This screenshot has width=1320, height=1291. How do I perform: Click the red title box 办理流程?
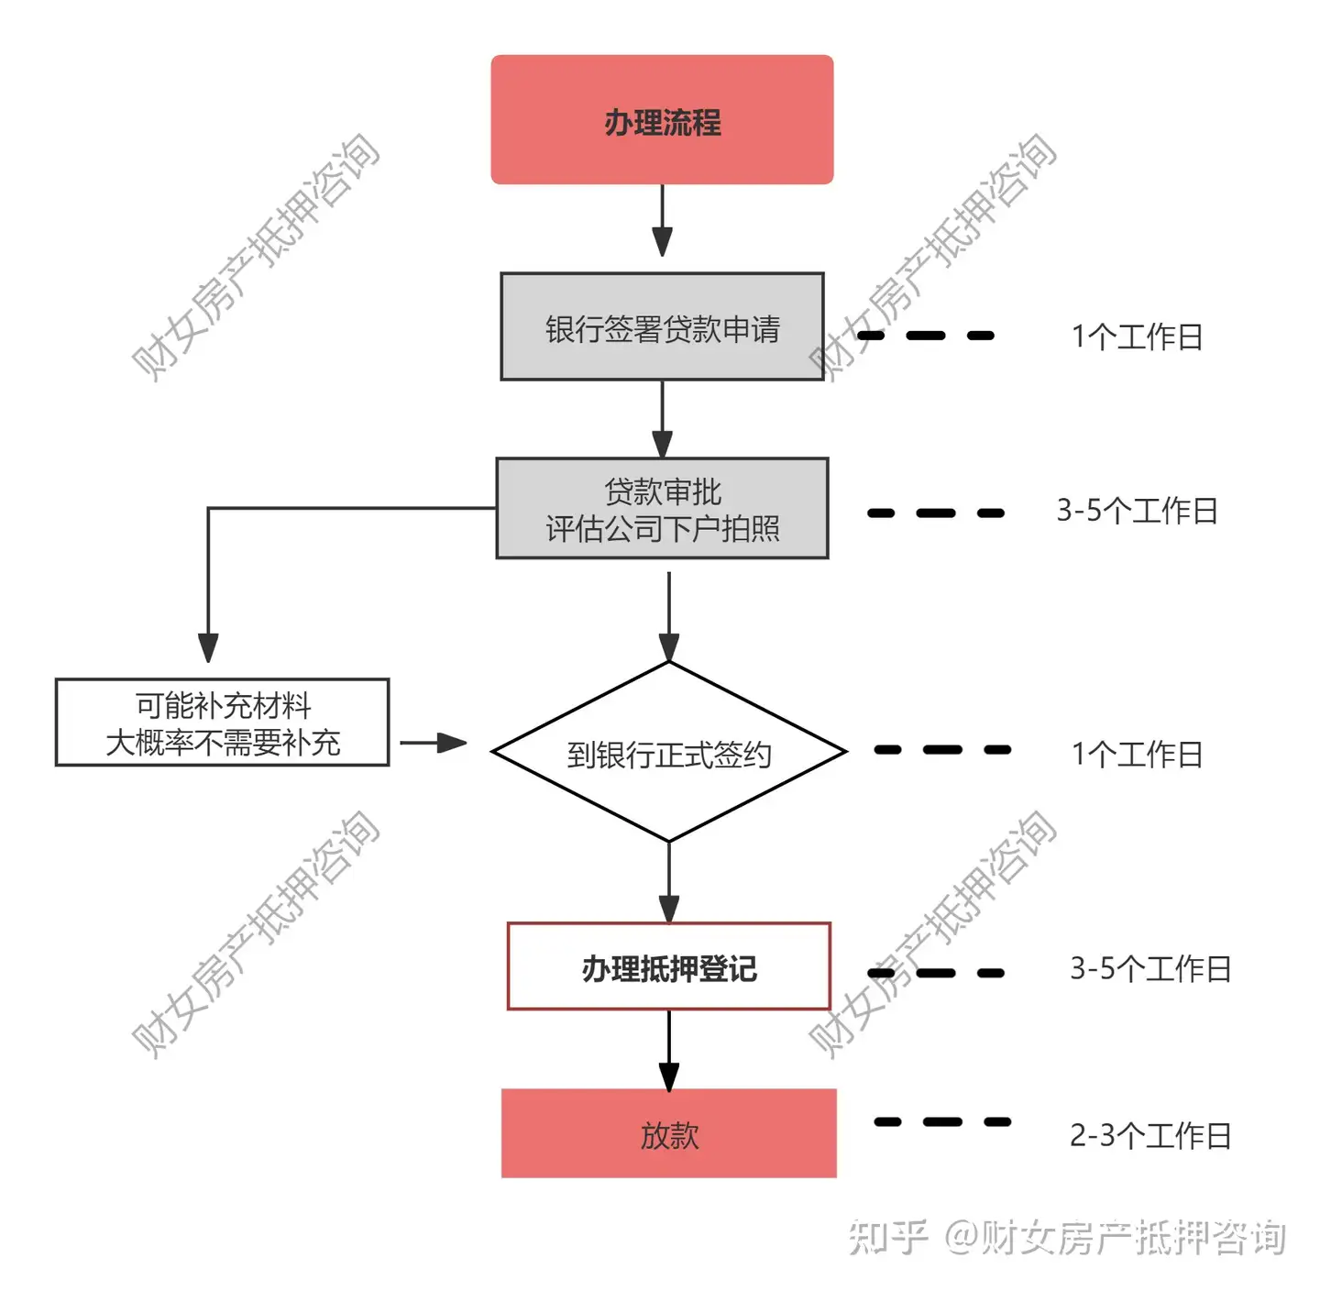(x=662, y=119)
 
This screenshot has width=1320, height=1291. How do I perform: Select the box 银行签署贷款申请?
(x=662, y=326)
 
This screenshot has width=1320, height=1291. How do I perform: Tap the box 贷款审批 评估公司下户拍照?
(x=662, y=508)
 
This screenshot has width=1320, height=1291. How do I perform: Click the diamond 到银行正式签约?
(x=669, y=752)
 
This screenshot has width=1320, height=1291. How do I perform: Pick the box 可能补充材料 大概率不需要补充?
(x=223, y=723)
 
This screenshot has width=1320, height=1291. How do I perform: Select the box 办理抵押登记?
(x=669, y=966)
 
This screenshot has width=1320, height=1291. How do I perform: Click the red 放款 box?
(x=669, y=1133)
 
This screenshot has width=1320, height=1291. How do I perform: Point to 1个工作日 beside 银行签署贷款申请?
(x=1137, y=337)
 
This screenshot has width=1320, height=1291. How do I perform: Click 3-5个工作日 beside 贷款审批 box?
(x=1137, y=510)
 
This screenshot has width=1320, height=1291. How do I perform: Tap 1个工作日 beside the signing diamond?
(x=1137, y=754)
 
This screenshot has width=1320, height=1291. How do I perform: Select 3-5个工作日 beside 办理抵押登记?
(x=1150, y=968)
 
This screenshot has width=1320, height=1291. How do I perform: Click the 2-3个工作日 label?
(x=1150, y=1135)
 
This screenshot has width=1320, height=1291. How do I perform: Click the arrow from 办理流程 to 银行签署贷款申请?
(x=662, y=220)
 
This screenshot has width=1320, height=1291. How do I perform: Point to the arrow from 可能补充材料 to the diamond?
(x=434, y=743)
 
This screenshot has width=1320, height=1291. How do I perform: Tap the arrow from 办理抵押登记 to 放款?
(x=669, y=1051)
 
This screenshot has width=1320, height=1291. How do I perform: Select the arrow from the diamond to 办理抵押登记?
(x=669, y=883)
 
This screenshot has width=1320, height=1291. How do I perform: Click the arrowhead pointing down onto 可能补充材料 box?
(x=208, y=648)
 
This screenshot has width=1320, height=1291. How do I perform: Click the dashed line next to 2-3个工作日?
(x=942, y=1121)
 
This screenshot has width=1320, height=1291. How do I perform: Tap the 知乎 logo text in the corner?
(x=888, y=1236)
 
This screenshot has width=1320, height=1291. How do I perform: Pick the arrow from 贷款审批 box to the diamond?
(x=669, y=617)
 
